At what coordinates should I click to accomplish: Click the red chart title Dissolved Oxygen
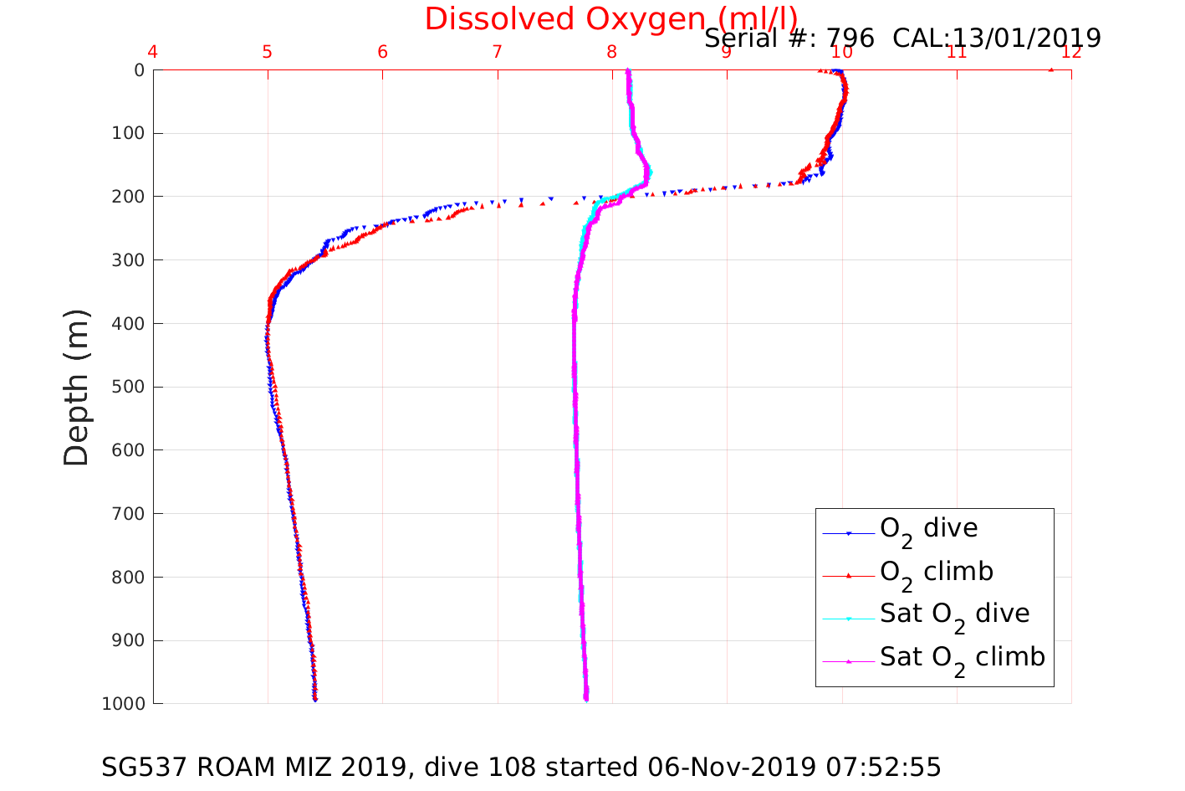pos(610,19)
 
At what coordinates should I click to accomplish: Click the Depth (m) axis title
pos(76,387)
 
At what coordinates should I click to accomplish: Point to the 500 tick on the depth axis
pos(128,387)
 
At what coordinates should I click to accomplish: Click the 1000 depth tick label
pos(123,704)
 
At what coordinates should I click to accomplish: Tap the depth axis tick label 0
pos(139,70)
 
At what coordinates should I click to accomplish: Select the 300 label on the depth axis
pos(128,260)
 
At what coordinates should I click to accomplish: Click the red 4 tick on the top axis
pos(152,52)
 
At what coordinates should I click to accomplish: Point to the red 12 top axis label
pos(1071,52)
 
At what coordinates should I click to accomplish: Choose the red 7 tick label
pos(498,52)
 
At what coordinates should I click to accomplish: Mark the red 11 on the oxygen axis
pos(957,52)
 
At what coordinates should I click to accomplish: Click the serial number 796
pos(850,39)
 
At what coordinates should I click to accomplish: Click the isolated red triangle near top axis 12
pos(1051,69)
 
